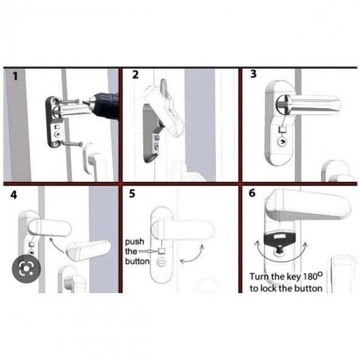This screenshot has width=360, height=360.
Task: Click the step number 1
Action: click(x=15, y=76)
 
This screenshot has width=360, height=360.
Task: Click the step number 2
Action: click(x=135, y=75)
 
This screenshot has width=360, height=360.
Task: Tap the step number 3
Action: click(x=253, y=74)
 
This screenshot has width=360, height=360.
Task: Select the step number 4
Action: click(x=14, y=195)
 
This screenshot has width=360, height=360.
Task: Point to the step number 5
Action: click(x=132, y=193)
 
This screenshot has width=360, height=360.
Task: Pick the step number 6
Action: click(x=252, y=193)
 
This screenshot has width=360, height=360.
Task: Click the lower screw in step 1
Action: click(x=73, y=144)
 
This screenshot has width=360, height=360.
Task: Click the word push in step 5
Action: click(x=134, y=242)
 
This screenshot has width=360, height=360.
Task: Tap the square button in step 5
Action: click(x=162, y=251)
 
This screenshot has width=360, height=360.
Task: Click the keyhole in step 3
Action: click(x=282, y=142)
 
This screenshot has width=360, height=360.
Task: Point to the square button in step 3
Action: click(x=282, y=130)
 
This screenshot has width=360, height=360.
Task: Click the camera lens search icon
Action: click(x=26, y=268)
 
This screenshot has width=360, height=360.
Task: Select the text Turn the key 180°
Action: click(x=286, y=277)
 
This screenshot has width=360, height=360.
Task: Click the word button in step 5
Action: click(x=137, y=261)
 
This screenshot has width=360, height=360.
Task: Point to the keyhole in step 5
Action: click(x=161, y=261)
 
